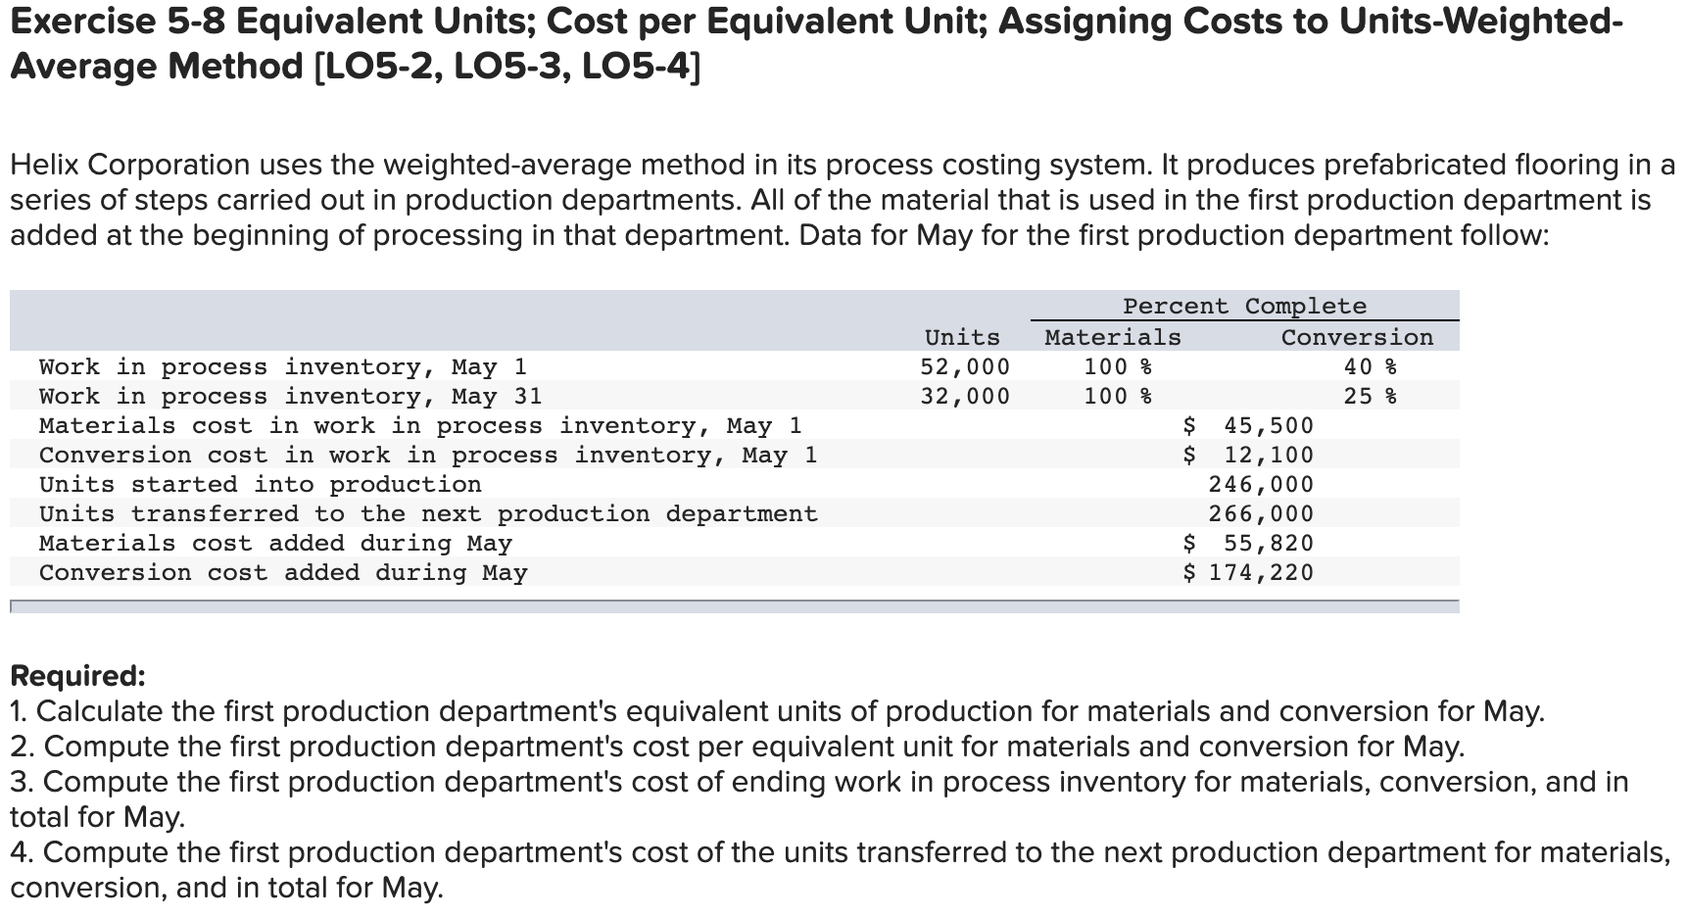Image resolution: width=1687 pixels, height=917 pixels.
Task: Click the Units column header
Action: tap(962, 338)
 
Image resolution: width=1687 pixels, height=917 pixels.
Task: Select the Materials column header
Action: tap(1113, 338)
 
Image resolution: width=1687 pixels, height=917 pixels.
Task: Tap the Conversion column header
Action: tap(1357, 338)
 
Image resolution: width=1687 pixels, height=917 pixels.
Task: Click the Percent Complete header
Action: tap(1244, 307)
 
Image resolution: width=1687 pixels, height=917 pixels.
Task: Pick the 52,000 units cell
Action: tap(965, 367)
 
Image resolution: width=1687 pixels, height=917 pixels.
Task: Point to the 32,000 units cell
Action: tap(965, 397)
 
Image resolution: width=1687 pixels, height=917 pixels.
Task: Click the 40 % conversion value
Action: tap(1370, 367)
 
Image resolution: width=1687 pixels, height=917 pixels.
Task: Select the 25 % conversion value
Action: tap(1370, 397)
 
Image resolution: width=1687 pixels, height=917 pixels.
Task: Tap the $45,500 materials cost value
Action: tap(1249, 426)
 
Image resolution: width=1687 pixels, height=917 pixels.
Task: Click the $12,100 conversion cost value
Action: tap(1249, 456)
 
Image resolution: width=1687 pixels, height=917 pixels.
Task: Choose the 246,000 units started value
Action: tap(1261, 485)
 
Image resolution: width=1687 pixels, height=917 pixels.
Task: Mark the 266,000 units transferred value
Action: tap(1261, 514)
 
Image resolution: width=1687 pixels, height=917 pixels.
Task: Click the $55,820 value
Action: tap(1249, 544)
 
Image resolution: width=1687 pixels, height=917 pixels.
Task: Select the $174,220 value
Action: tap(1249, 573)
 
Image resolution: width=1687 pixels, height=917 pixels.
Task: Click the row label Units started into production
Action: tap(261, 485)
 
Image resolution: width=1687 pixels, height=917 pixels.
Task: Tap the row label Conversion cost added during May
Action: tap(283, 573)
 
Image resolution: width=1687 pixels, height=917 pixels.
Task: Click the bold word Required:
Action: tap(77, 676)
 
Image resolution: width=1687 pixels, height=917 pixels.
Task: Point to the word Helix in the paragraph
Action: tap(46, 165)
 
